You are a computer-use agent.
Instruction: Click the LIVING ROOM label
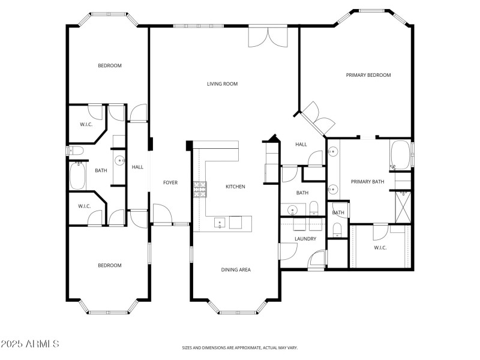pyautogui.click(x=223, y=84)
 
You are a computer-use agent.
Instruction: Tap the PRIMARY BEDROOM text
pyautogui.click(x=368, y=75)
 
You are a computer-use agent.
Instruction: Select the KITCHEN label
pyautogui.click(x=235, y=187)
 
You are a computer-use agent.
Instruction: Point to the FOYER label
pyautogui.click(x=170, y=182)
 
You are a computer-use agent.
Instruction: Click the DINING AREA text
pyautogui.click(x=236, y=270)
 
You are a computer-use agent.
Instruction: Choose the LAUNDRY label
pyautogui.click(x=305, y=239)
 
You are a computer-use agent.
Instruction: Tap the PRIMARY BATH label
pyautogui.click(x=367, y=182)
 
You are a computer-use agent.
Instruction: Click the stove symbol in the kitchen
pyautogui.click(x=199, y=190)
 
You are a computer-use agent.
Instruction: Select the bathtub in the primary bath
pyautogui.click(x=400, y=155)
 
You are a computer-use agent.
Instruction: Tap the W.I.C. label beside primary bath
pyautogui.click(x=380, y=247)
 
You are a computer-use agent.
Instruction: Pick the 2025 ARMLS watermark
pyautogui.click(x=30, y=344)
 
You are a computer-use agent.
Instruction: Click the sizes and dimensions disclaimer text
pyautogui.click(x=240, y=347)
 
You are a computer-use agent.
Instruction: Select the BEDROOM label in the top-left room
pyautogui.click(x=110, y=65)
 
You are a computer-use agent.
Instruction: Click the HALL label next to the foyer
pyautogui.click(x=137, y=167)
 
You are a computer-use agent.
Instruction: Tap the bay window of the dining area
pyautogui.click(x=236, y=311)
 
